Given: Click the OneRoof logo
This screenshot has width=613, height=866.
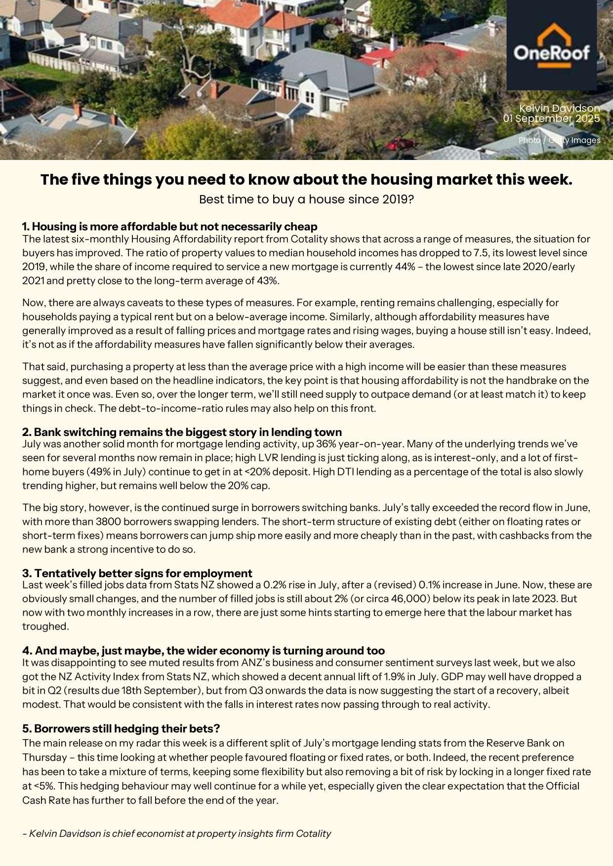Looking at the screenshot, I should (551, 45).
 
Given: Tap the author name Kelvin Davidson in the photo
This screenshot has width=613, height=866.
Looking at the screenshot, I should (559, 108).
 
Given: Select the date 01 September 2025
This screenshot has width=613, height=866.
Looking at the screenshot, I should (551, 118).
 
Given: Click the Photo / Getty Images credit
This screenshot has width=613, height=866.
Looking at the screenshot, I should (559, 140).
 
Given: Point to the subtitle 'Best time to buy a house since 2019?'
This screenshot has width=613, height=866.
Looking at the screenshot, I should (306, 199).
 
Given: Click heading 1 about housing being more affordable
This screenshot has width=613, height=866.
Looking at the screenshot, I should (169, 227).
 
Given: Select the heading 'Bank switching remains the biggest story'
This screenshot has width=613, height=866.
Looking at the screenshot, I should (182, 432).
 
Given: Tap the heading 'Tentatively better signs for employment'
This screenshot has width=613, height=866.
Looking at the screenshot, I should (137, 573).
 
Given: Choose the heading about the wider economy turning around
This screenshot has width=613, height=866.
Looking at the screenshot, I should (204, 651).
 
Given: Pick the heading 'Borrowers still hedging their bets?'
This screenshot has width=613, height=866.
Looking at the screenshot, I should (121, 729).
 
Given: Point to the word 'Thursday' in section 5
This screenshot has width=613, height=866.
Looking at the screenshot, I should (44, 757).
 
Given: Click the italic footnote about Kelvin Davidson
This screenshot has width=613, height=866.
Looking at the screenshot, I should (176, 833).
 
